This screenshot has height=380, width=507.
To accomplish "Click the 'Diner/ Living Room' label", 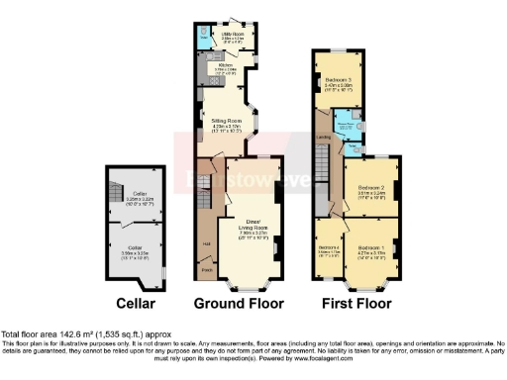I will tap(253, 229).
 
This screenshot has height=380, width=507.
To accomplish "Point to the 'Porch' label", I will tap(208, 268).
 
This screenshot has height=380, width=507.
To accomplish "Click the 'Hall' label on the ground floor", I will tap(206, 243).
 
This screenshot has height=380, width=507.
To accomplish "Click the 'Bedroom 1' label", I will tap(370, 246).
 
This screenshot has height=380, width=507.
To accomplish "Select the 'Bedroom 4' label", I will tap(328, 247).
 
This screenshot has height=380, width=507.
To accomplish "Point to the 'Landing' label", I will tap(323, 138).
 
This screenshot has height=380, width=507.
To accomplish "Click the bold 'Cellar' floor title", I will tap(135, 303).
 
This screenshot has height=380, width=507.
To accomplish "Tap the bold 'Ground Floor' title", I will tap(239, 303).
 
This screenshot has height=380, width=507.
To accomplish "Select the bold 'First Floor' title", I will tap(354, 303).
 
